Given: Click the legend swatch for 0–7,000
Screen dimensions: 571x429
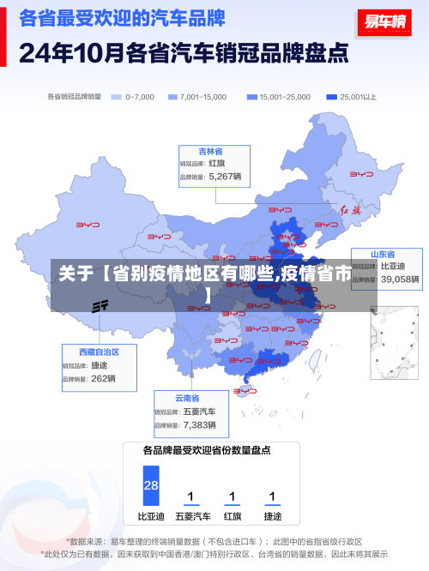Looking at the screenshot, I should pyautogui.click(x=117, y=97).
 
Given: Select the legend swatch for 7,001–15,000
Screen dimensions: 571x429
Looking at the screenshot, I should pyautogui.click(x=172, y=97).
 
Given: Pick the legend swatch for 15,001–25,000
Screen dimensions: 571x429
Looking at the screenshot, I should pyautogui.click(x=251, y=97).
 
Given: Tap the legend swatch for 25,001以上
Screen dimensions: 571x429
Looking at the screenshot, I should pyautogui.click(x=331, y=97).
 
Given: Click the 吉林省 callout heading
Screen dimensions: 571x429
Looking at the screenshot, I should pyautogui.click(x=211, y=151).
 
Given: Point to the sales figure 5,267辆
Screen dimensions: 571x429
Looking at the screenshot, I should pyautogui.click(x=226, y=177).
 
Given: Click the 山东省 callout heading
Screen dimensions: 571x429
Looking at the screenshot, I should pyautogui.click(x=383, y=255).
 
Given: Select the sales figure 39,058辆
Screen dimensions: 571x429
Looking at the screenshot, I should pyautogui.click(x=400, y=279).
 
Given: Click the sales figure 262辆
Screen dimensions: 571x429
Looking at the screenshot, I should pyautogui.click(x=103, y=378).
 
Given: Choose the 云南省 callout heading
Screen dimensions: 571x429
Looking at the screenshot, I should pyautogui.click(x=187, y=398).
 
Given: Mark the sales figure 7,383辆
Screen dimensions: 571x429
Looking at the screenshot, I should pyautogui.click(x=200, y=424).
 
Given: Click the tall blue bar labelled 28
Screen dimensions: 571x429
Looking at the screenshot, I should pyautogui.click(x=151, y=485).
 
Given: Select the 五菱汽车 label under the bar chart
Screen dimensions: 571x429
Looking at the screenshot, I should pyautogui.click(x=192, y=517).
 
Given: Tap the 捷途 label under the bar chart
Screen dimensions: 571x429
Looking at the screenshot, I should pyautogui.click(x=272, y=517).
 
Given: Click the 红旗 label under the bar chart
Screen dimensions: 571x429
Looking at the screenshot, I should pyautogui.click(x=232, y=517).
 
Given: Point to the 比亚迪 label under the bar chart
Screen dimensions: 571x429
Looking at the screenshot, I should pyautogui.click(x=151, y=517).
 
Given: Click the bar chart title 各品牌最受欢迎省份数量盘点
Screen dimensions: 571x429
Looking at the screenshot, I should pyautogui.click(x=207, y=449).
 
